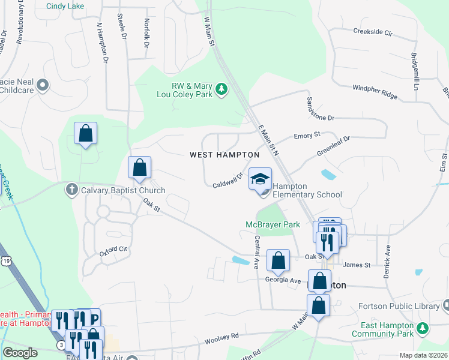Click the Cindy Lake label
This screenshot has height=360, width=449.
pyautogui.click(x=65, y=7)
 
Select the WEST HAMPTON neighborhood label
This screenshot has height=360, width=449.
pyautogui.click(x=224, y=155)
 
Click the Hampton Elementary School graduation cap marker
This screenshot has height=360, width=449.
pyautogui.click(x=260, y=179)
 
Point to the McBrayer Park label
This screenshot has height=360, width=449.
pyautogui.click(x=273, y=224)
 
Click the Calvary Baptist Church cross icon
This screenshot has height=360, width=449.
pyautogui.click(x=71, y=190)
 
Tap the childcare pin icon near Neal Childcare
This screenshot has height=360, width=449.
pyautogui.click(x=42, y=86)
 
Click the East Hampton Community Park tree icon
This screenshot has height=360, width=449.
pyautogui.click(x=423, y=328)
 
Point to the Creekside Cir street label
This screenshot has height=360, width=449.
pyautogui.click(x=372, y=31)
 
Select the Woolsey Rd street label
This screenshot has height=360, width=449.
pyautogui.click(x=221, y=339)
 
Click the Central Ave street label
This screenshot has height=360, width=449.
pyautogui.click(x=257, y=252)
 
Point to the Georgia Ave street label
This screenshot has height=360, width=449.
pyautogui.click(x=283, y=280)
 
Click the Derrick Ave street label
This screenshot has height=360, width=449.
pyautogui.click(x=388, y=262)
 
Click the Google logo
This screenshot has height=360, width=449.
pyautogui.click(x=20, y=352)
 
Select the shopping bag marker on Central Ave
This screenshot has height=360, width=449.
pyautogui.click(x=278, y=261)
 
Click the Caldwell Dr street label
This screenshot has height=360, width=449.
pyautogui.click(x=227, y=181)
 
